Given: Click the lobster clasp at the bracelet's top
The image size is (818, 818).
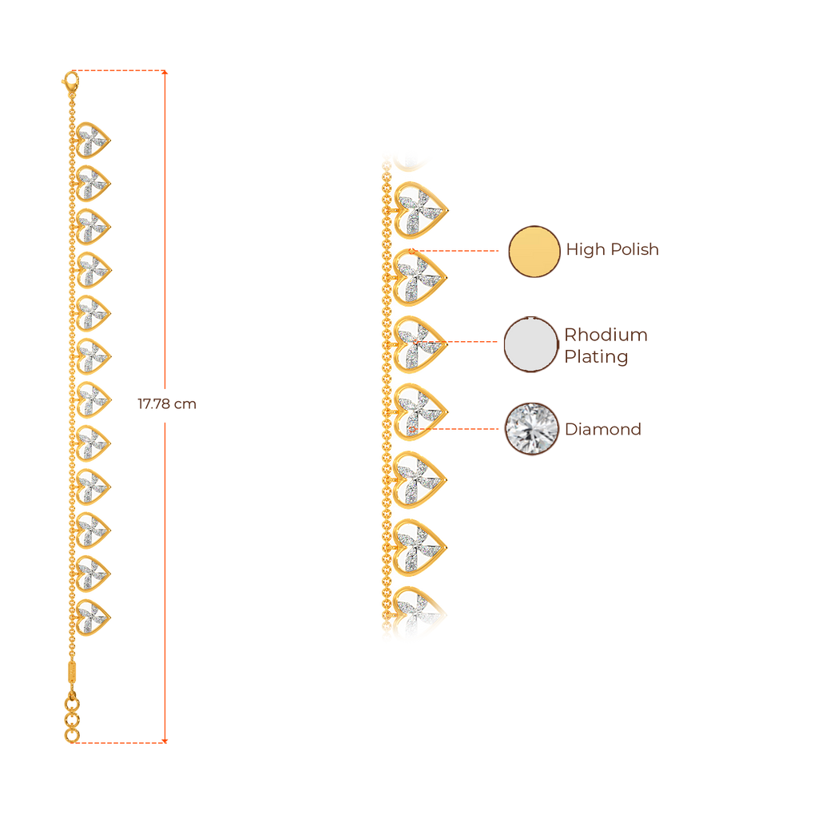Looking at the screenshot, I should tap(70, 80).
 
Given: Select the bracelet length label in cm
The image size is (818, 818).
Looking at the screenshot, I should tap(166, 405).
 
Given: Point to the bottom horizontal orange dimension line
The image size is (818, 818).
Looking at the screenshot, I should tap(120, 741).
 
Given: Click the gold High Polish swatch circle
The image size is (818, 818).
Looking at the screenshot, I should tap(534, 251).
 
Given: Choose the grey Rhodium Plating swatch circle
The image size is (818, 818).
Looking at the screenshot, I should tap(530, 344).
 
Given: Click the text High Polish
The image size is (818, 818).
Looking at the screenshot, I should tap(613, 250).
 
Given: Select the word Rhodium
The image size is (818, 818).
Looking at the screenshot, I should tap(606, 335).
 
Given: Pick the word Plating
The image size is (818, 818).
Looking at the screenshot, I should tap(596, 357).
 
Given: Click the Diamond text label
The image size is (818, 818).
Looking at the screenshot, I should tap(603, 430).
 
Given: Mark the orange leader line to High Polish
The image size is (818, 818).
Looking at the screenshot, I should tap(459, 251).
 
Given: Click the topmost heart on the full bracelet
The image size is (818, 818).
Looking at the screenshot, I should tap(93, 139).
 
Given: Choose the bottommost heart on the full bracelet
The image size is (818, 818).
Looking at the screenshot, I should tap(93, 617).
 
